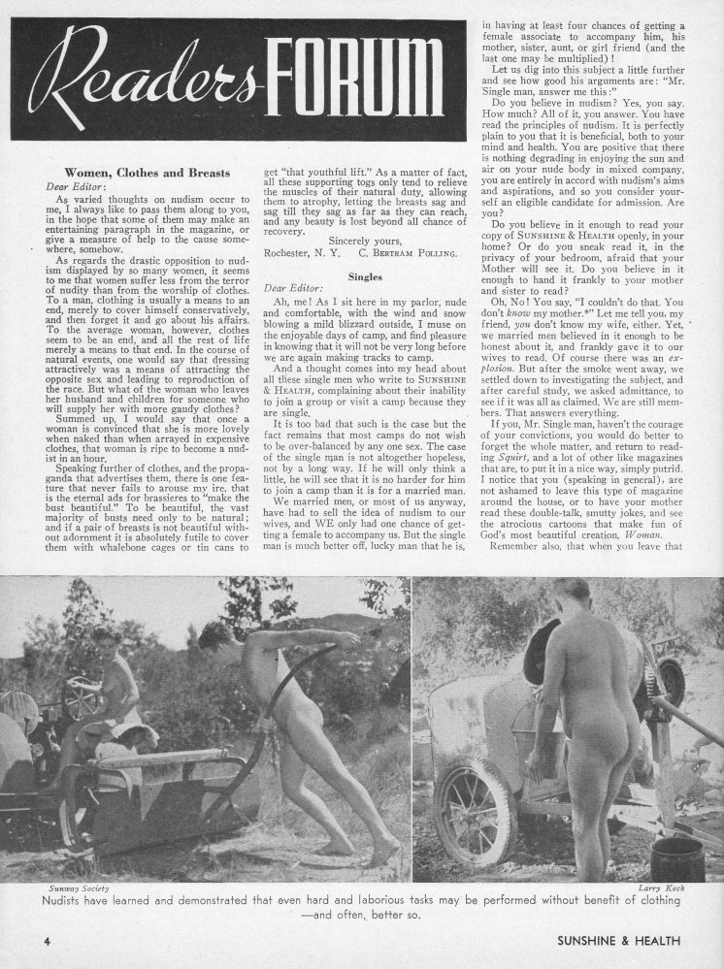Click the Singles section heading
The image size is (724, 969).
[x=368, y=275]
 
